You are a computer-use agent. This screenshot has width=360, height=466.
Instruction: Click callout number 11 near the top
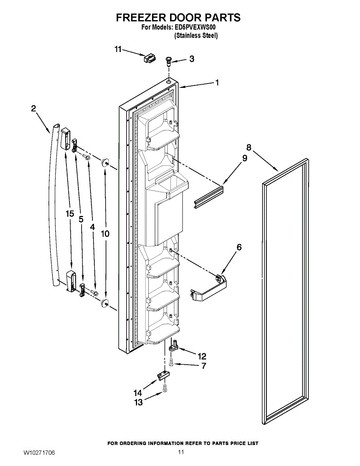pyautogui.click(x=118, y=49)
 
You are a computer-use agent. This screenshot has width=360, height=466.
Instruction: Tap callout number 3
pyautogui.click(x=191, y=59)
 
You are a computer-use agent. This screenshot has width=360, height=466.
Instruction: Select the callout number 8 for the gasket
pyautogui.click(x=249, y=148)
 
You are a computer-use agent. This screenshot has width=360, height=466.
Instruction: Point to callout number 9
pyautogui.click(x=244, y=158)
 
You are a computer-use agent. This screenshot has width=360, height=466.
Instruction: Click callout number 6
pyautogui.click(x=239, y=247)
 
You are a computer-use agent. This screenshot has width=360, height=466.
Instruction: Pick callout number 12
pyautogui.click(x=202, y=356)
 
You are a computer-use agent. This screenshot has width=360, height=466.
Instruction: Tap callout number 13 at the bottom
pyautogui.click(x=139, y=402)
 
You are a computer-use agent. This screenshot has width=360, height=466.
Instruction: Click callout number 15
pyautogui.click(x=70, y=214)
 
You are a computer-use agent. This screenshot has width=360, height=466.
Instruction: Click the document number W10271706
pyautogui.click(x=39, y=453)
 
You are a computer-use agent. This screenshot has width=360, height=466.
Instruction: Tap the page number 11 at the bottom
pyautogui.click(x=181, y=452)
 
